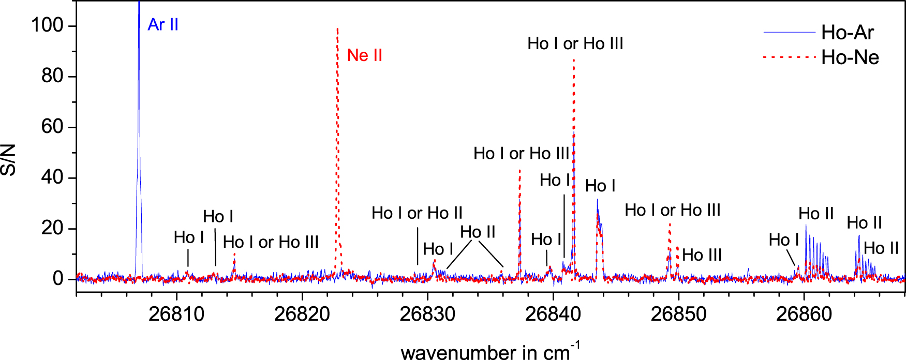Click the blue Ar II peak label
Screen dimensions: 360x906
point(162,25)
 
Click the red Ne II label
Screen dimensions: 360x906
point(364,55)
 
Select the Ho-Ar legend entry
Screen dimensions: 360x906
point(847,33)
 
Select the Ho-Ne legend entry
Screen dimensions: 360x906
point(850,57)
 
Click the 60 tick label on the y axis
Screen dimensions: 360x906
point(52,127)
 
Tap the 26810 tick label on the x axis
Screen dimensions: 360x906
point(176,314)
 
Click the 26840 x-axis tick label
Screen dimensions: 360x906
point(553,314)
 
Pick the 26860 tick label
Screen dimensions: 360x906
point(804,314)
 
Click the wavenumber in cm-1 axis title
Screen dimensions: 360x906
point(489,352)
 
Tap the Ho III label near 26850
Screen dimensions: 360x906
point(702,255)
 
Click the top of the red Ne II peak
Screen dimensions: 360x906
point(337,29)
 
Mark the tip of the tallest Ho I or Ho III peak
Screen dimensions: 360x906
point(574,60)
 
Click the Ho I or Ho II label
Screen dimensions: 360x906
point(417,213)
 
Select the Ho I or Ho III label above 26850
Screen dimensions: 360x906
point(672,210)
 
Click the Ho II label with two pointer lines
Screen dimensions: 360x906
point(478,232)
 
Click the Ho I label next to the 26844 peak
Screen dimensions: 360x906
point(600,186)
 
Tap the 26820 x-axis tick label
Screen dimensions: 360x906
point(302,314)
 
